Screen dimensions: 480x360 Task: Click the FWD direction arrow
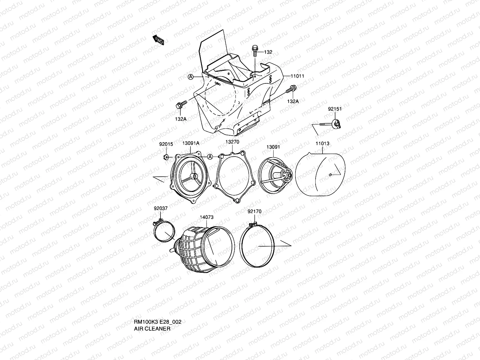click(x=158, y=40)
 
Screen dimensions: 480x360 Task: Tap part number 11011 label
click(x=297, y=76)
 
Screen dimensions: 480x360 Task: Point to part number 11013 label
click(x=322, y=143)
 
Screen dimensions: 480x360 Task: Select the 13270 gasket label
click(x=232, y=142)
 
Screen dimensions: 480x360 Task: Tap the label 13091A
click(x=191, y=143)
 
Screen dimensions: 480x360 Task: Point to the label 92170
click(x=254, y=211)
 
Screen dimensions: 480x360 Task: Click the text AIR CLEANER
click(x=152, y=328)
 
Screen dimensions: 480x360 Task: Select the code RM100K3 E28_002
click(x=157, y=322)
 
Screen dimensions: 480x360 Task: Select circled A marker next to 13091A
click(x=210, y=157)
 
